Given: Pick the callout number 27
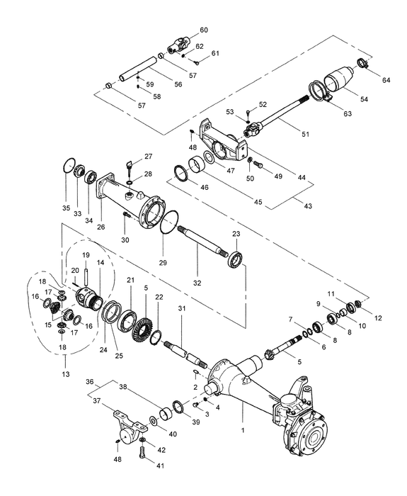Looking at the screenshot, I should (x=148, y=156).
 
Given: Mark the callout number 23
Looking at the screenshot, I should (x=236, y=234).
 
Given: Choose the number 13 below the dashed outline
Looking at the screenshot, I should (x=66, y=373).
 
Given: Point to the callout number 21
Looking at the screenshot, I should (x=130, y=281).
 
